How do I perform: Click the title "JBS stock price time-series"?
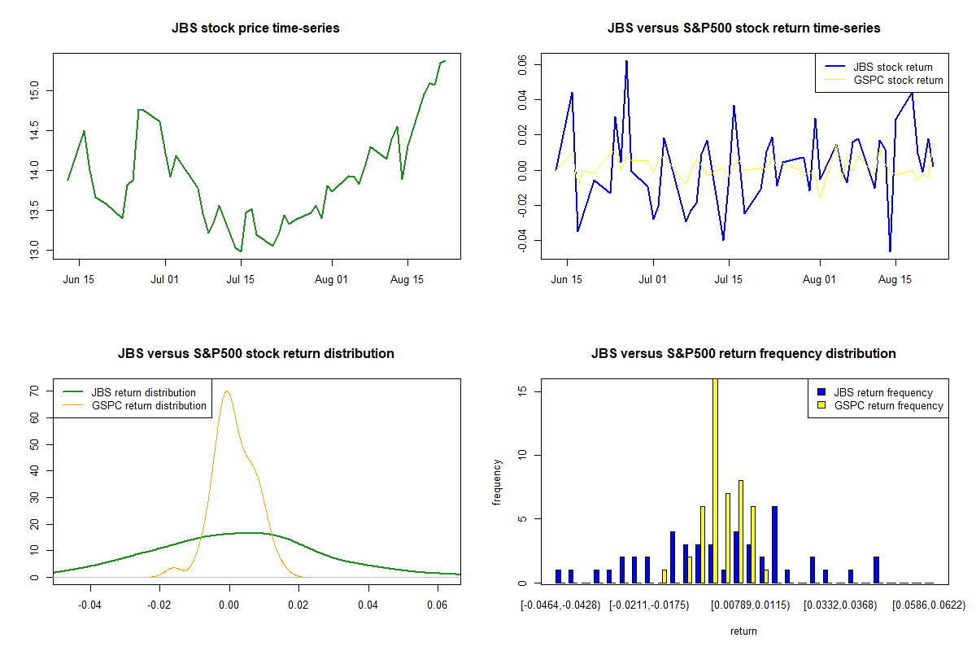click(255, 28)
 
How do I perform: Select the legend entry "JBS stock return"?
click(892, 67)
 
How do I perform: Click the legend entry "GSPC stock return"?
click(898, 80)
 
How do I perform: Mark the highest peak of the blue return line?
click(626, 61)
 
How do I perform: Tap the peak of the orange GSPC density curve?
click(228, 391)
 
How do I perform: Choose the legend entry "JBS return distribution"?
click(143, 392)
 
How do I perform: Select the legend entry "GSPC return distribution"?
click(149, 405)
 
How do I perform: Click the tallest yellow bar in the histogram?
click(715, 480)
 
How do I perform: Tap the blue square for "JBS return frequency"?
click(821, 392)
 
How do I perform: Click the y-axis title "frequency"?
click(497, 482)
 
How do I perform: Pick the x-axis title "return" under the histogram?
click(743, 631)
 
